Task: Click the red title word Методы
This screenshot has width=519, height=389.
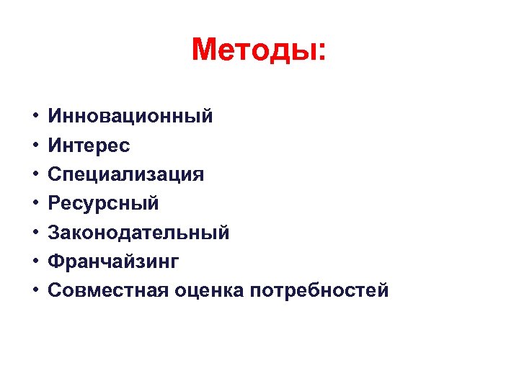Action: pos(253,50)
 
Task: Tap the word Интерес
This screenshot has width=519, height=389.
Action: pos(89,146)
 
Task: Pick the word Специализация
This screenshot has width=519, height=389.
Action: pos(125,174)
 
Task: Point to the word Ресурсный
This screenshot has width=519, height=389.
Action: pos(103,203)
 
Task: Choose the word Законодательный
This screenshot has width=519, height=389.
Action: pos(138,232)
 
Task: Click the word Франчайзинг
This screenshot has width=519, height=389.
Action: pos(113,261)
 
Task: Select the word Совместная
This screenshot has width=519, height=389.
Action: pos(108,290)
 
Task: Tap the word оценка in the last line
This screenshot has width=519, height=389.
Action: pos(209,290)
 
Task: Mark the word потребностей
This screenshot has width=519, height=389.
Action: pos(319,290)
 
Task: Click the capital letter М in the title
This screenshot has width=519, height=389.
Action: pos(206,50)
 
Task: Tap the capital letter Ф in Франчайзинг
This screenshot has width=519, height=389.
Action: pos(56,261)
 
